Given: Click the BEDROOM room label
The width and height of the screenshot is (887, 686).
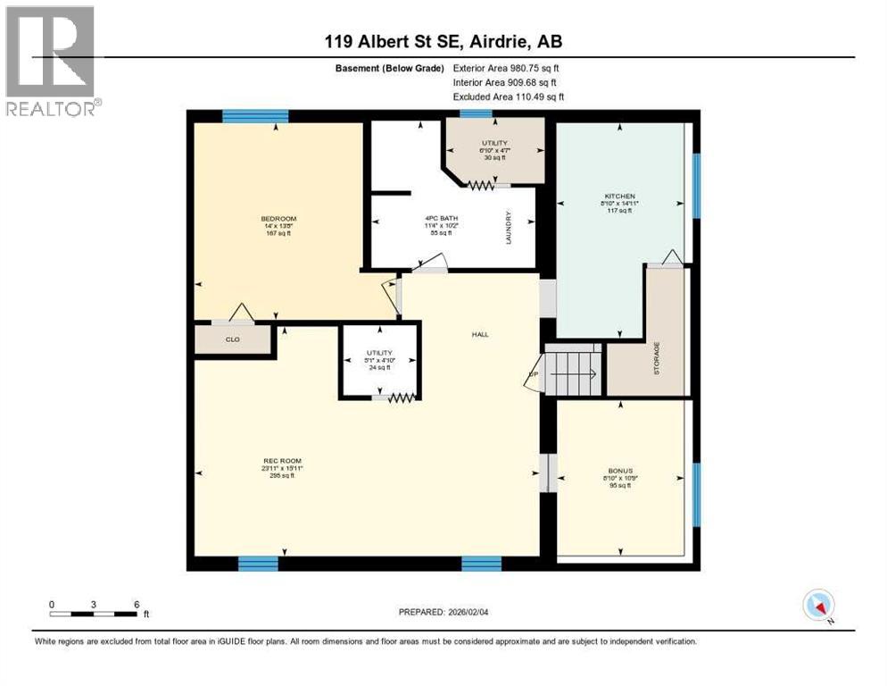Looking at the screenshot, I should (278, 219).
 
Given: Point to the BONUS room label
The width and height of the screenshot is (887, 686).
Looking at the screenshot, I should (621, 469).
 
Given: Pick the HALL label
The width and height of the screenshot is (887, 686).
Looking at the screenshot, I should (480, 334).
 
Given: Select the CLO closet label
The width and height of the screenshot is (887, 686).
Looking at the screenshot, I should (232, 339).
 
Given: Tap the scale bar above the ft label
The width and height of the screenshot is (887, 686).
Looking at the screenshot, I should (95, 614).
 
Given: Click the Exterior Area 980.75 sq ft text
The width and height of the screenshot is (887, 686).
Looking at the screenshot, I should (507, 68).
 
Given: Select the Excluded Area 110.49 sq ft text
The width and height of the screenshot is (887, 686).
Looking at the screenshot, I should (509, 96).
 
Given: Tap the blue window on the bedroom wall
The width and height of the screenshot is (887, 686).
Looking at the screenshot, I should (255, 115).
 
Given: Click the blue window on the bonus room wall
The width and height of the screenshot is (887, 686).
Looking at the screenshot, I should (696, 494).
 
